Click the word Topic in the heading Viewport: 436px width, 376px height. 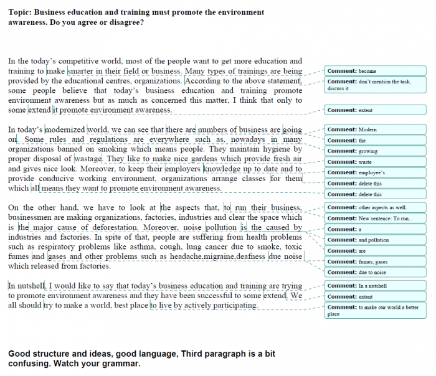click(19, 12)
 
